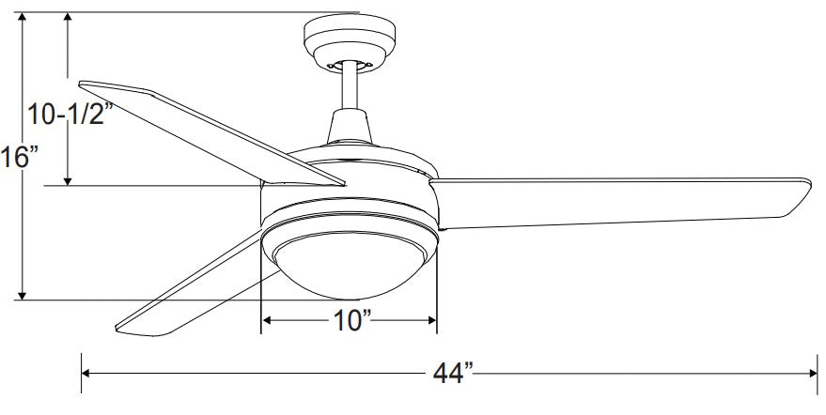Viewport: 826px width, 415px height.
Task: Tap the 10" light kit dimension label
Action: pos(351,319)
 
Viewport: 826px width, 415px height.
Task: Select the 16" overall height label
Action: pos(20,157)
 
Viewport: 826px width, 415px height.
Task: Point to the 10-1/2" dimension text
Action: pos(70,114)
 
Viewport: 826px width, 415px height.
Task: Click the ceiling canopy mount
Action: pos(350,41)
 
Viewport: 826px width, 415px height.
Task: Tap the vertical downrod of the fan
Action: pos(350,86)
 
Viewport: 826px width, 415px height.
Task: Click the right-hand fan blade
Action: pos(620,204)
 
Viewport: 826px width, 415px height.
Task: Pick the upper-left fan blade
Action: pos(211,132)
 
